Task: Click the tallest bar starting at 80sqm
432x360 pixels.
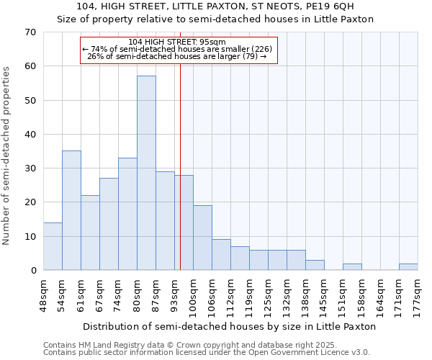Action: click(146, 173)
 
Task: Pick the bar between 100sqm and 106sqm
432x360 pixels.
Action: click(202, 238)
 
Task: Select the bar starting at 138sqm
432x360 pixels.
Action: click(315, 265)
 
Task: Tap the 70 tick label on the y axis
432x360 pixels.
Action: click(30, 32)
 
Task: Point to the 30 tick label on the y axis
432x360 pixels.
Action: click(30, 168)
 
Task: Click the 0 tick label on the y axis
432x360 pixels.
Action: click(32, 271)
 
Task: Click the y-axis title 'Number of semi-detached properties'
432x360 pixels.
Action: click(7, 156)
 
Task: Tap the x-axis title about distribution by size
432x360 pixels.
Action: click(229, 326)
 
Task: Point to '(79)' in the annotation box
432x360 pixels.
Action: click(250, 56)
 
